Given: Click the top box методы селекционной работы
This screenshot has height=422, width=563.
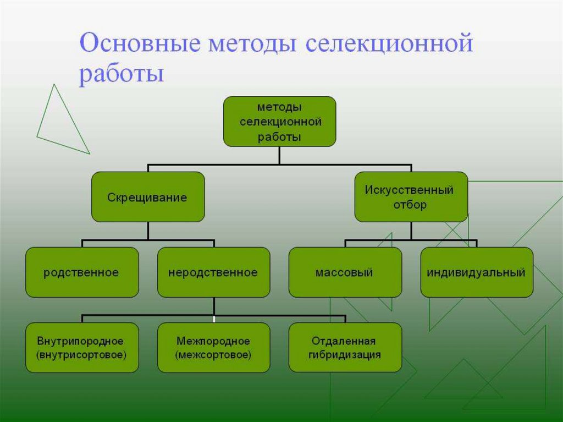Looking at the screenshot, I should point(279,122).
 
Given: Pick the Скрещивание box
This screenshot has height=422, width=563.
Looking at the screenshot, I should point(147,197).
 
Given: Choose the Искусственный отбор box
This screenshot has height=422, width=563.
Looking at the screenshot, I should point(411,197).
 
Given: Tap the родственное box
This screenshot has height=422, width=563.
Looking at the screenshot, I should point(82,272).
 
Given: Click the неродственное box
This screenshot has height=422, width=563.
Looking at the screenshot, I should point(213,272).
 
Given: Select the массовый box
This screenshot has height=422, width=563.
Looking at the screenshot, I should point(345,272).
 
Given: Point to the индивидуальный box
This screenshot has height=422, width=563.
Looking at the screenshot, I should point(477,272).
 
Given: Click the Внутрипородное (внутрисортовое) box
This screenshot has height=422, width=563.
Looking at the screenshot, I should point(82,348).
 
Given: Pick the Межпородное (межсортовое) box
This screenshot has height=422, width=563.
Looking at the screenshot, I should point(213,348).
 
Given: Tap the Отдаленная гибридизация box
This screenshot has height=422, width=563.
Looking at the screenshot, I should point(345,348).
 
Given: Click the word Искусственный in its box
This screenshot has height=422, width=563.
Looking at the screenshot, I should point(409,190).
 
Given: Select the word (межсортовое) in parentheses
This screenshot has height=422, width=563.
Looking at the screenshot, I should point(213,355).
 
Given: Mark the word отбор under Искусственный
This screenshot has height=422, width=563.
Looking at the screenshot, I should point(410,205).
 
